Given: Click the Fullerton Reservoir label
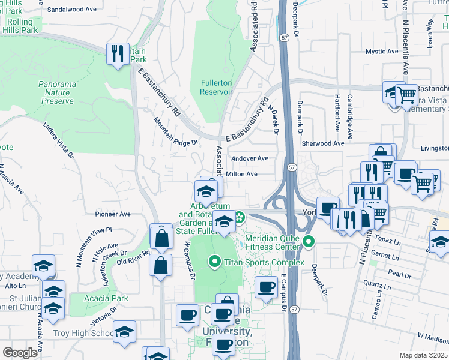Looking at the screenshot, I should (215, 87).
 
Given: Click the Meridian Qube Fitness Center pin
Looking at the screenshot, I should (309, 242).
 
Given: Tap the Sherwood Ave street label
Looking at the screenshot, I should (323, 143).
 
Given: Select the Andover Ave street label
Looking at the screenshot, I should (253, 158).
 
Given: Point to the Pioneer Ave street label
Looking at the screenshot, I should (112, 214).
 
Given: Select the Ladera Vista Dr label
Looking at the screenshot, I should (58, 141).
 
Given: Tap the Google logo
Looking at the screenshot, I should (20, 353).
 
